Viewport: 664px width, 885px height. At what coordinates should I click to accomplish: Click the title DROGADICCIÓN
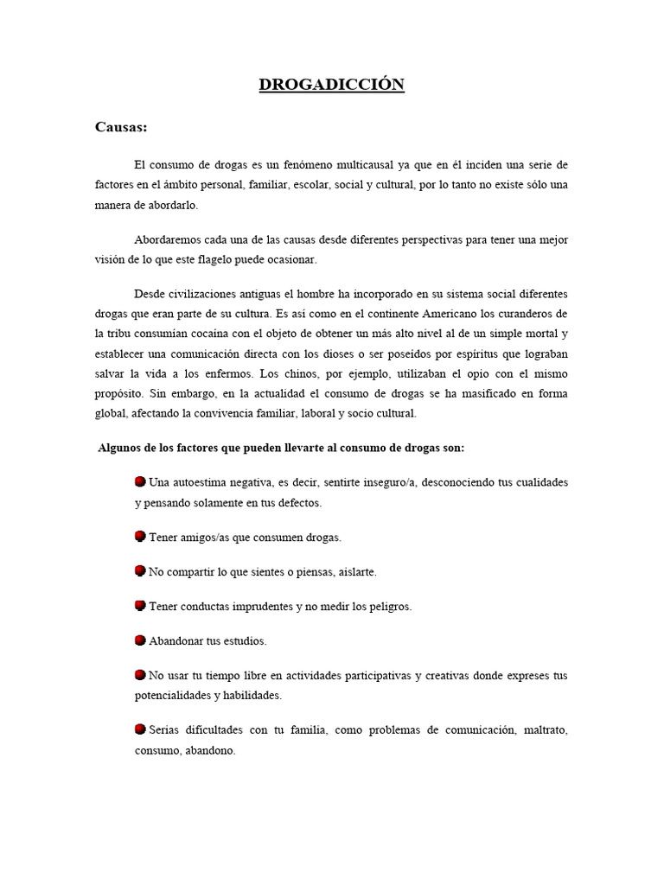(x=332, y=85)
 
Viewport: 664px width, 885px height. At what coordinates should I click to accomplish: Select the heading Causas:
(x=121, y=128)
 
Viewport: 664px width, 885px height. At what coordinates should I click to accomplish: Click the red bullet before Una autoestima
(x=140, y=481)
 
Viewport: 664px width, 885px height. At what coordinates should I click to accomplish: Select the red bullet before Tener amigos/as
(x=140, y=537)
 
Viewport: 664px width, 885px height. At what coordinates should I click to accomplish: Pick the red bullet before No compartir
(x=140, y=571)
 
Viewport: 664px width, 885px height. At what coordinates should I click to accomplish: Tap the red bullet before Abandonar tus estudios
(x=140, y=640)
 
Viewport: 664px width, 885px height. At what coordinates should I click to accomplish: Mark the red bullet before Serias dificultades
(x=140, y=730)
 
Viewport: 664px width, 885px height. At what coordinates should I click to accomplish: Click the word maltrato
(x=545, y=731)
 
